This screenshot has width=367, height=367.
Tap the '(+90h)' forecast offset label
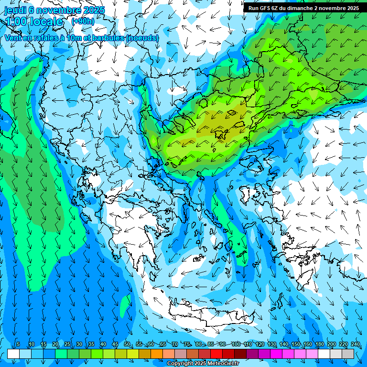pos(83,21)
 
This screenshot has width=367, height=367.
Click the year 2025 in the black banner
pos(351,8)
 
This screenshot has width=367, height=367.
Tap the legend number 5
pos(18,345)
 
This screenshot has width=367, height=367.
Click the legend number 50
pos(127,345)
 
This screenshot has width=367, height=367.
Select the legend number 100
pos(236,345)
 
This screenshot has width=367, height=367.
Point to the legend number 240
pos(355,345)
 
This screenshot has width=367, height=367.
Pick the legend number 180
pos(319,345)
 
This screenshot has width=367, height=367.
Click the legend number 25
pos(67,345)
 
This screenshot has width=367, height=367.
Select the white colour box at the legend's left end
pos(13,354)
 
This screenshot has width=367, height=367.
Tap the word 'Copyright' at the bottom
pos(180,364)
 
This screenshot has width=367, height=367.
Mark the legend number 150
pos(295,345)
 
